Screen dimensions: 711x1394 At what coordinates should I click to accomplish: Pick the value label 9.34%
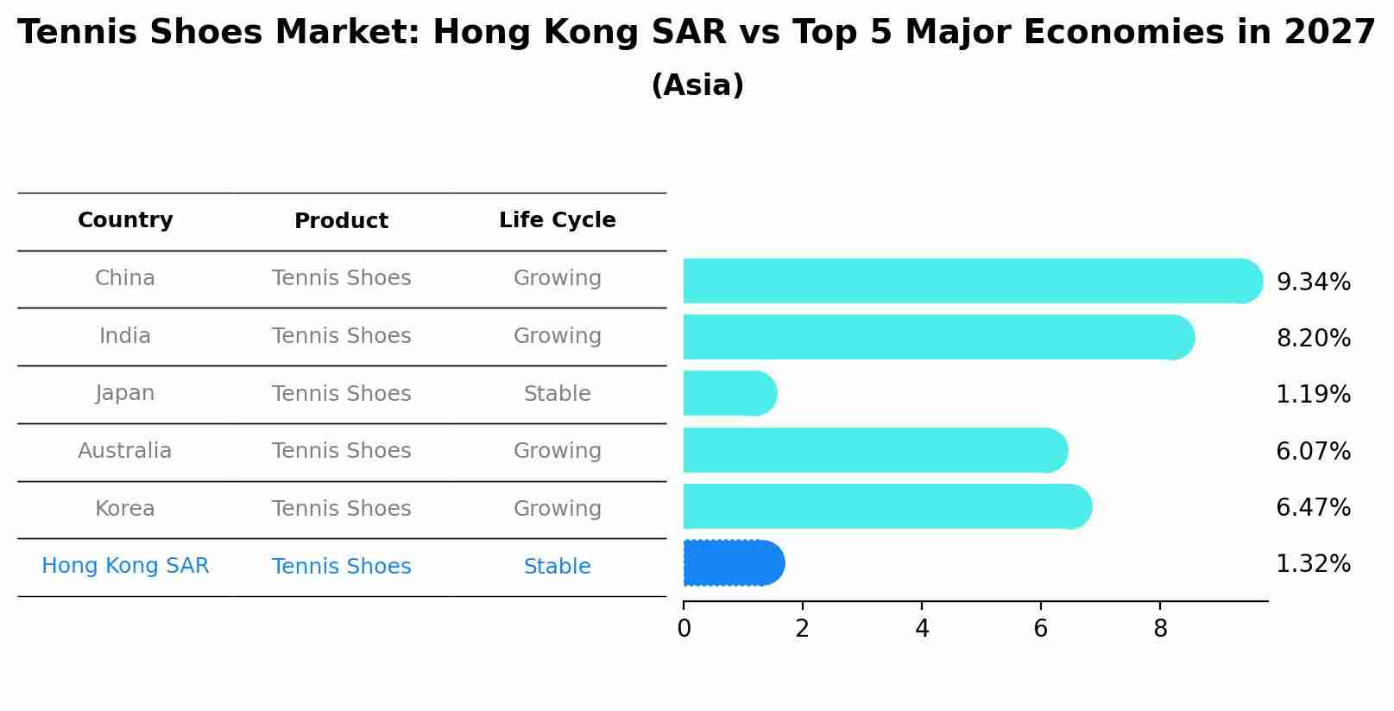(1313, 282)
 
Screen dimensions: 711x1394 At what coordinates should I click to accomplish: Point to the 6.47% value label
(1313, 508)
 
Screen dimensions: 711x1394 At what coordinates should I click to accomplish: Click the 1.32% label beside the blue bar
(1313, 564)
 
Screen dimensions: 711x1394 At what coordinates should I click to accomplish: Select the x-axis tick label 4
(922, 629)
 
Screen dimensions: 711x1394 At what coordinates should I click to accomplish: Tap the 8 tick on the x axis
(1160, 629)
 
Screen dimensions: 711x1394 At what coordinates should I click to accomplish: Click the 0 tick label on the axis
(684, 629)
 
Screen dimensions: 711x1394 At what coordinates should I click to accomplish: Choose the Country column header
(125, 220)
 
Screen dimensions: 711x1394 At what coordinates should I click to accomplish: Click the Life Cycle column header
(557, 220)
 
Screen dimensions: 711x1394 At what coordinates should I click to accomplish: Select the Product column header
(341, 221)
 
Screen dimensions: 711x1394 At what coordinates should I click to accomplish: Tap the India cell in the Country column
(125, 336)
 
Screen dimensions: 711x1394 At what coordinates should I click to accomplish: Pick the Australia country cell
(125, 451)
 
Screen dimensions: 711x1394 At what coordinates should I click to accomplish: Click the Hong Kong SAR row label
(125, 566)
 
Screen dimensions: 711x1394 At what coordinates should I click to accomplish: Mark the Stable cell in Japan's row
(557, 394)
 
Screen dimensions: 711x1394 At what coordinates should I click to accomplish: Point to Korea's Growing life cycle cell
(557, 509)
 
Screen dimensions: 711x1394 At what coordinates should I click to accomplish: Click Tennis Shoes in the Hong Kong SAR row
(341, 567)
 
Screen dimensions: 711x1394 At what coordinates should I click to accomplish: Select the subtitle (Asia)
(697, 86)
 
